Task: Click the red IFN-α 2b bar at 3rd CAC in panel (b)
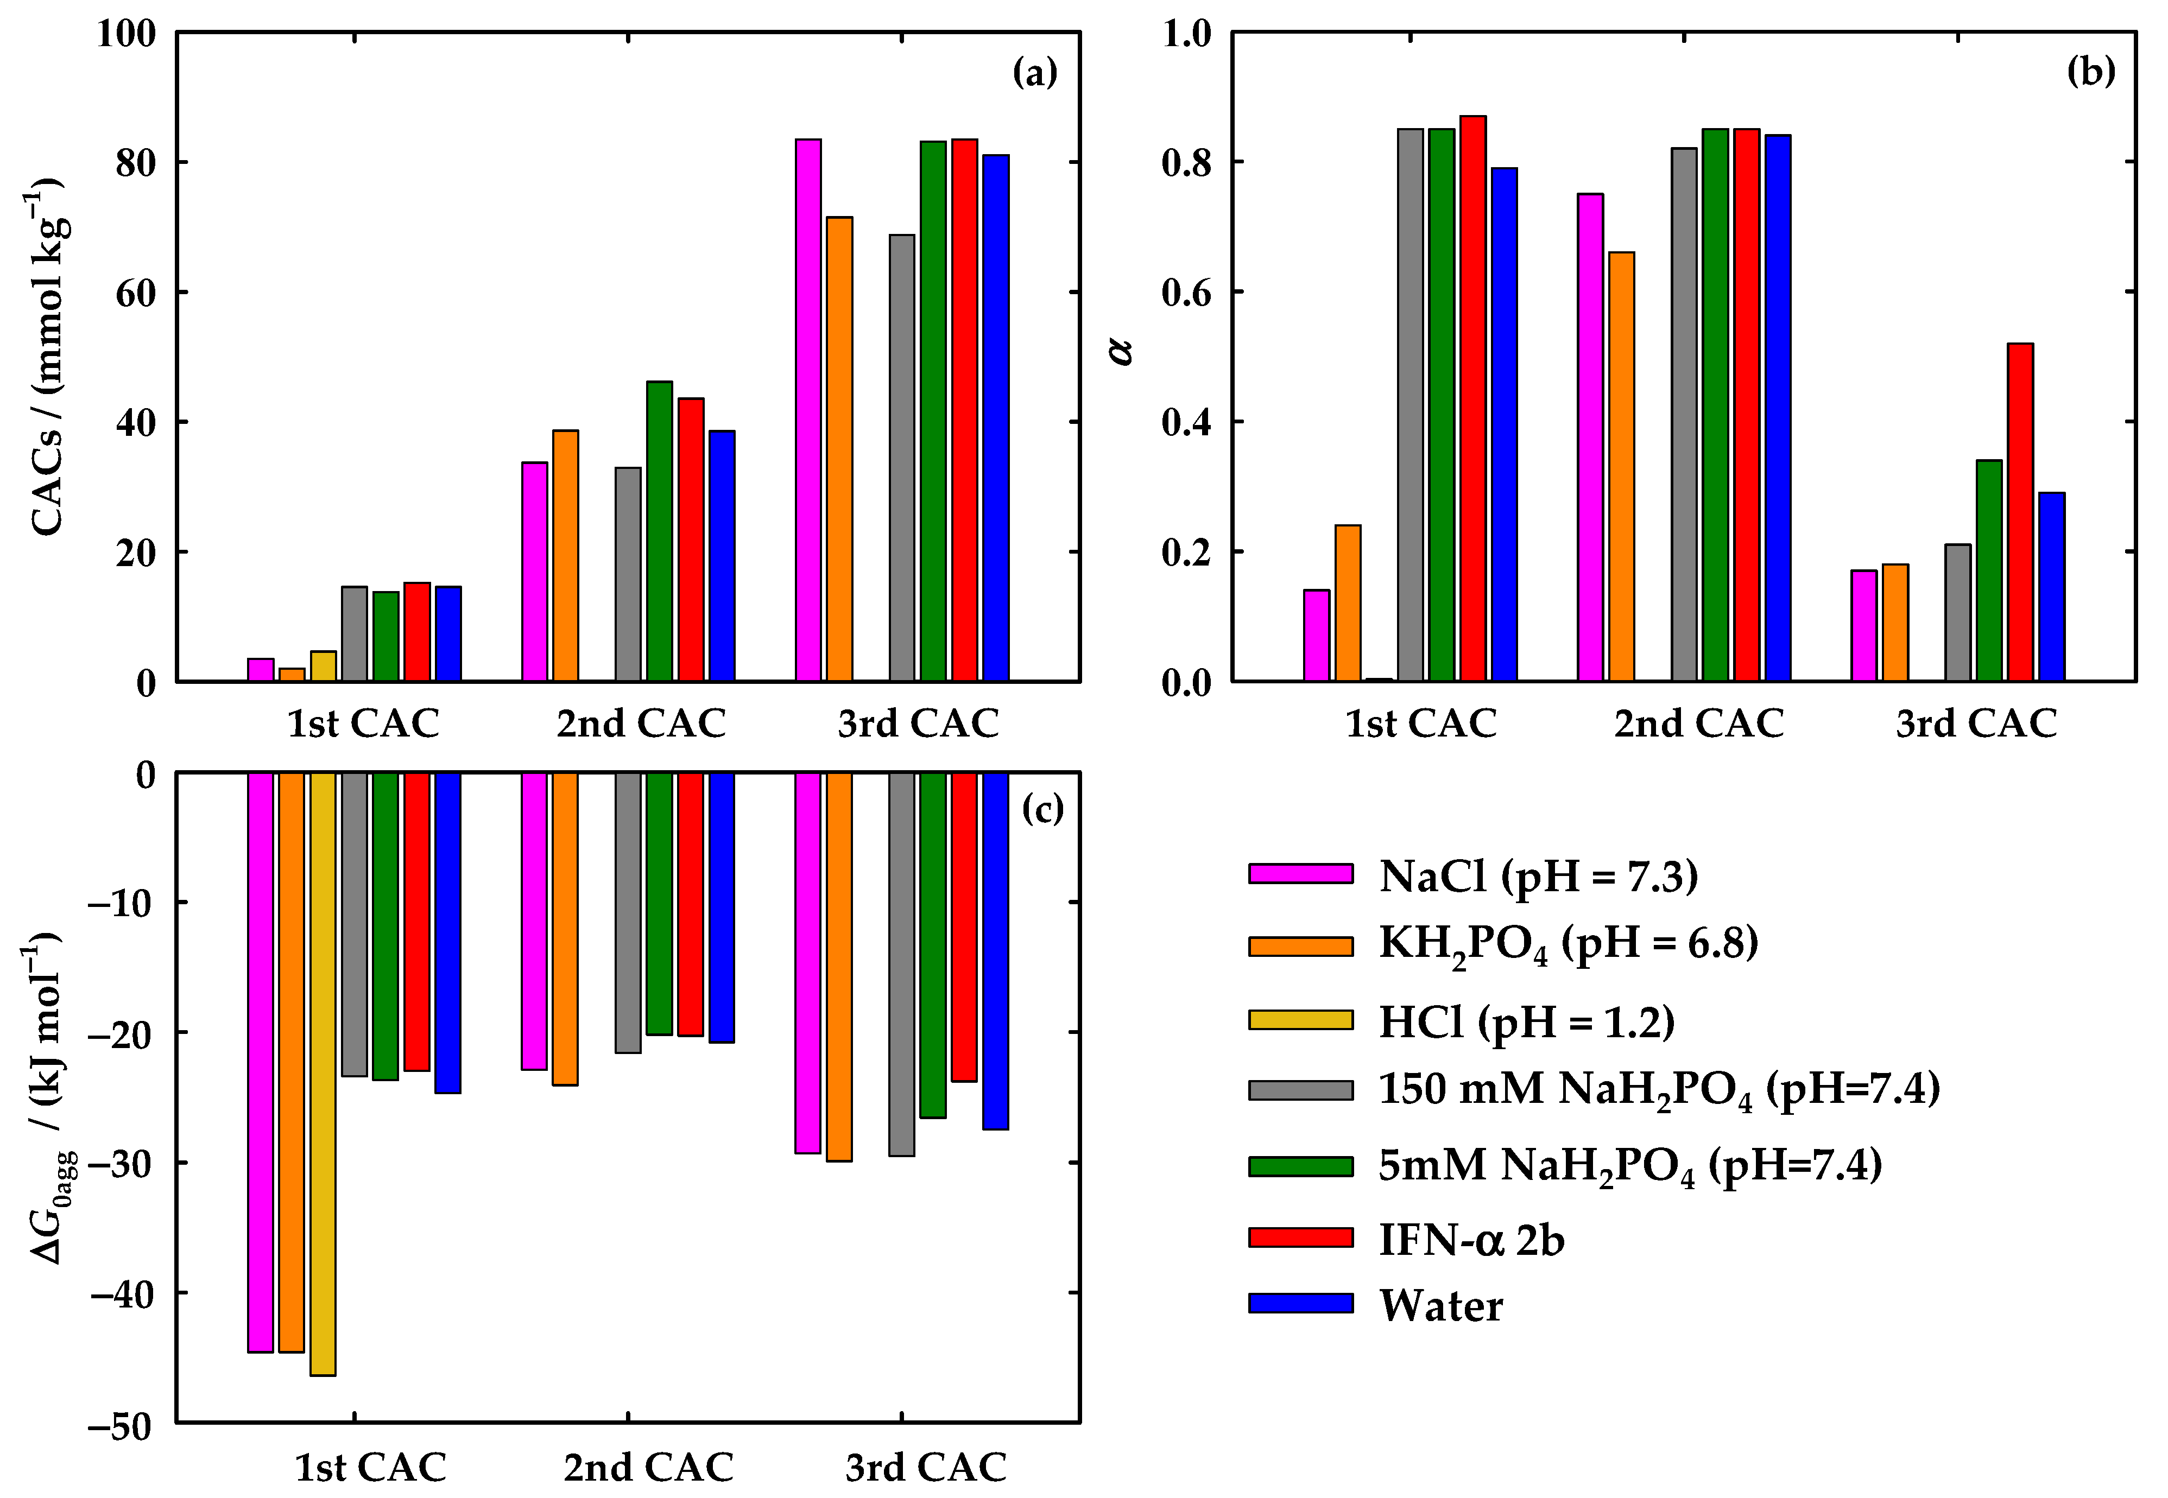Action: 2020,511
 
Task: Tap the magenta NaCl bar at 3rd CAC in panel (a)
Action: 808,410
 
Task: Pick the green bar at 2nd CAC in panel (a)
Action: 659,530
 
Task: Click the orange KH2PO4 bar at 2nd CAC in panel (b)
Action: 1622,466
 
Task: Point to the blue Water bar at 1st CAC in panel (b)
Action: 1504,424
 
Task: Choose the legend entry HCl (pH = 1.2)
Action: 1526,1021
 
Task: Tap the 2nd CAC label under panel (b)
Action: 1698,723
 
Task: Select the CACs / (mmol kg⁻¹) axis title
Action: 47,357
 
